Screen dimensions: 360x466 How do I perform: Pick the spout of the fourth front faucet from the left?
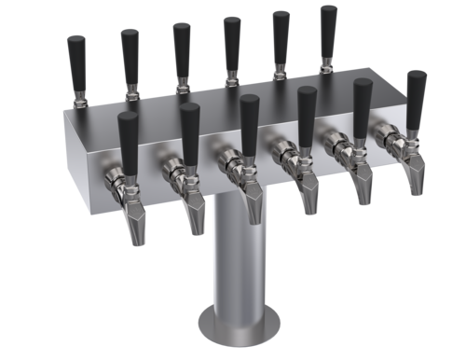pyautogui.click(x=310, y=193)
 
